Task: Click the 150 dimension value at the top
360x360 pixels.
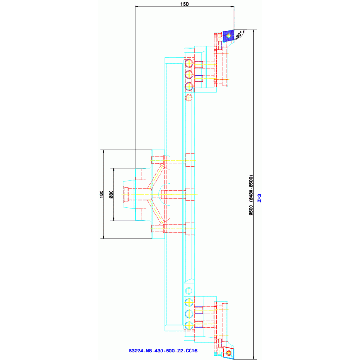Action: pos(184,4)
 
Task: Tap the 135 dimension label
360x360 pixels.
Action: pos(101,194)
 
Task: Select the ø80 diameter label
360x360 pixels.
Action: pos(111,194)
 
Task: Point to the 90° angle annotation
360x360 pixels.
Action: pos(239,36)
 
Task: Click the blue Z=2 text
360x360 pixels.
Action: pos(260,198)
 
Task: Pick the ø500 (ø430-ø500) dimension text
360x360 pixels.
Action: pos(251,195)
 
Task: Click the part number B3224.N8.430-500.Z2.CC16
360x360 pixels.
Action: pos(163,351)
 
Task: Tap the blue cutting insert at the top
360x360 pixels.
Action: pos(229,36)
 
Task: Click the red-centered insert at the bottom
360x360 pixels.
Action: pos(229,352)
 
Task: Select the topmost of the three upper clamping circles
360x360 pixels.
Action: pos(189,63)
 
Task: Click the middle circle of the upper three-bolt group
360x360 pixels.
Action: pos(189,75)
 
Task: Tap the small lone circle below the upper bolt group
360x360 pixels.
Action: pos(189,98)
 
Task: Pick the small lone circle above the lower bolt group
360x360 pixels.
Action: pos(189,291)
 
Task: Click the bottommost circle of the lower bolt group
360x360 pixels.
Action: pos(189,325)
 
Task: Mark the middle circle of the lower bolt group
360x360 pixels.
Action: pos(189,314)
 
